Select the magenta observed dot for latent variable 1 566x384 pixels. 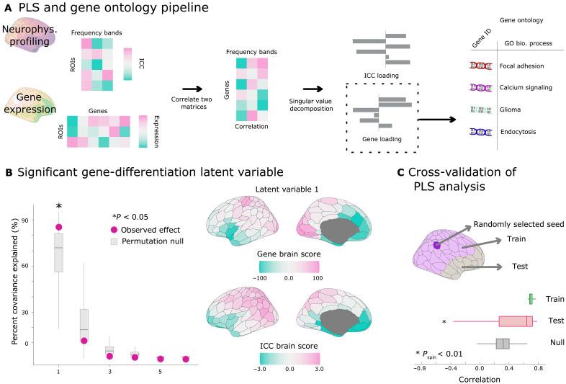pos(58,227)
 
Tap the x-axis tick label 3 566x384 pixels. pos(109,370)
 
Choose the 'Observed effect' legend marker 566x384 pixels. pos(110,228)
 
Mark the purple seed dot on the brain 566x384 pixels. pos(437,246)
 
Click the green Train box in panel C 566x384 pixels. pos(531,298)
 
